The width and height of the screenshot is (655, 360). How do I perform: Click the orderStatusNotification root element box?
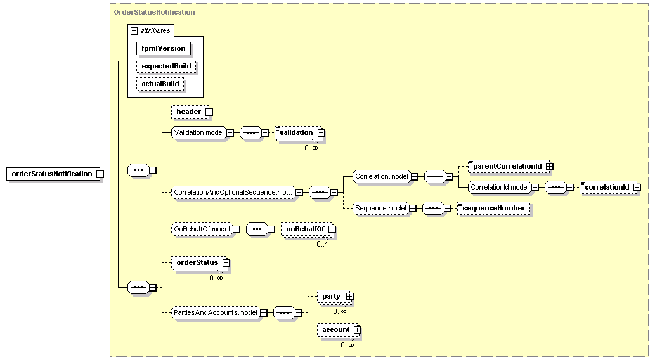click(x=53, y=174)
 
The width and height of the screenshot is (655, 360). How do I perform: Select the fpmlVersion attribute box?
click(x=164, y=48)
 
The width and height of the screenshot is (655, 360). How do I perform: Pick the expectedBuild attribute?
click(x=166, y=66)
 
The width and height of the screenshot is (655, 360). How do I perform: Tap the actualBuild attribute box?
click(x=160, y=84)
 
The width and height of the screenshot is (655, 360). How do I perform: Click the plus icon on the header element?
click(x=209, y=112)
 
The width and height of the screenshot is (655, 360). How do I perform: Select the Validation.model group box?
click(x=199, y=133)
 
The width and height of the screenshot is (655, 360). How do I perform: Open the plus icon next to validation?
click(x=321, y=133)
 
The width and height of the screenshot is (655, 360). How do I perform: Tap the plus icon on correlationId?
click(x=637, y=188)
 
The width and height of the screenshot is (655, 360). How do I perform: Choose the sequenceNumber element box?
click(x=494, y=208)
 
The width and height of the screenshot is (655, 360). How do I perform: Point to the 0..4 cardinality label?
click(x=322, y=244)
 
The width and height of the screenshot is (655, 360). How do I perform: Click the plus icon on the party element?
click(x=349, y=297)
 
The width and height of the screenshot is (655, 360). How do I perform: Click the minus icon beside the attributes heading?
click(x=134, y=31)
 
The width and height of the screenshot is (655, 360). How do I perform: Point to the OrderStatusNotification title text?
click(x=154, y=12)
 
